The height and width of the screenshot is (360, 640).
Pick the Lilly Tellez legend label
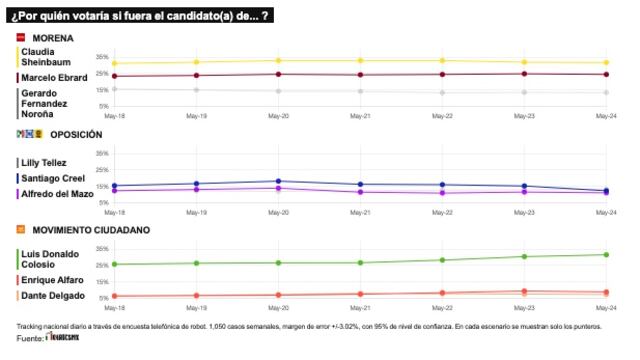click(x=43, y=161)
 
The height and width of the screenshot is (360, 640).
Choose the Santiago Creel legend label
click(x=48, y=177)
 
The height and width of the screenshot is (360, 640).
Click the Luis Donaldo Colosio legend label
click(x=48, y=257)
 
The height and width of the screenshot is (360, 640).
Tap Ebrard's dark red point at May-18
click(x=114, y=76)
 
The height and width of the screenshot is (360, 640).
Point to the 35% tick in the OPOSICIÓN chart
click(x=102, y=153)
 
